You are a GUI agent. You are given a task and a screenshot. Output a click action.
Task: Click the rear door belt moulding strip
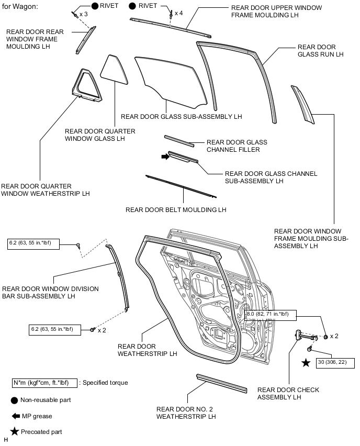coord(181,186)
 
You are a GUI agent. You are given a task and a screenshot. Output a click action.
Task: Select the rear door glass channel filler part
coord(178,141)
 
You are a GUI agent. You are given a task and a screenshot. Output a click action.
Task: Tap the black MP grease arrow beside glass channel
coord(165,156)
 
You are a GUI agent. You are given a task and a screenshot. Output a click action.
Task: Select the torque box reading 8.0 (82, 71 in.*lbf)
coord(271,315)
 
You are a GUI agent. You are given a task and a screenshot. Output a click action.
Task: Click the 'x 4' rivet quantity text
coord(179,12)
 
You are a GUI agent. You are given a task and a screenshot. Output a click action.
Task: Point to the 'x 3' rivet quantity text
coord(83,14)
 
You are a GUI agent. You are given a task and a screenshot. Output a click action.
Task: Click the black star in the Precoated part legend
coord(15,432)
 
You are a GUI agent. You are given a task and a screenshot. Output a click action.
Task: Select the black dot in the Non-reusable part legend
coord(15,400)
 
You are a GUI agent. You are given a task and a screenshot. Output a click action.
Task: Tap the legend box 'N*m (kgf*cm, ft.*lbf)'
coord(44,383)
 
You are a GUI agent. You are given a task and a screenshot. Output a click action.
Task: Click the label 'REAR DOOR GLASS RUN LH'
coord(321,50)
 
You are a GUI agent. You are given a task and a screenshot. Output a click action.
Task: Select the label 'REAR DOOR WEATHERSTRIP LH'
coord(148,350)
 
